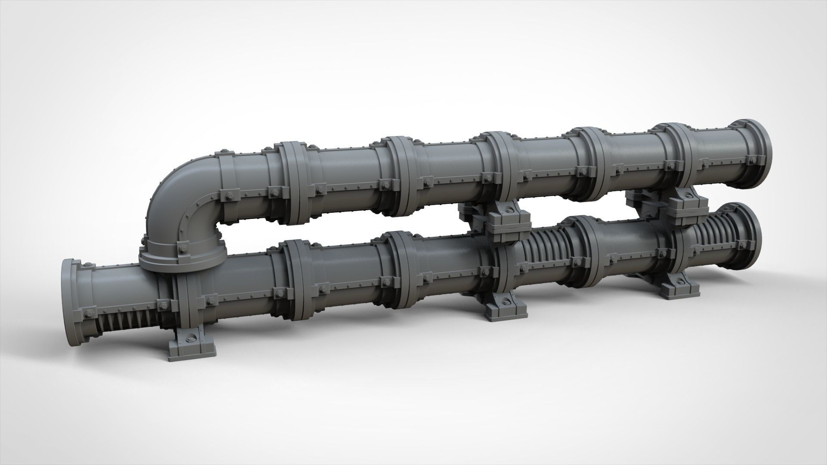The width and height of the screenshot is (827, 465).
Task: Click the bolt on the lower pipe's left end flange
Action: coord(91,313)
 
